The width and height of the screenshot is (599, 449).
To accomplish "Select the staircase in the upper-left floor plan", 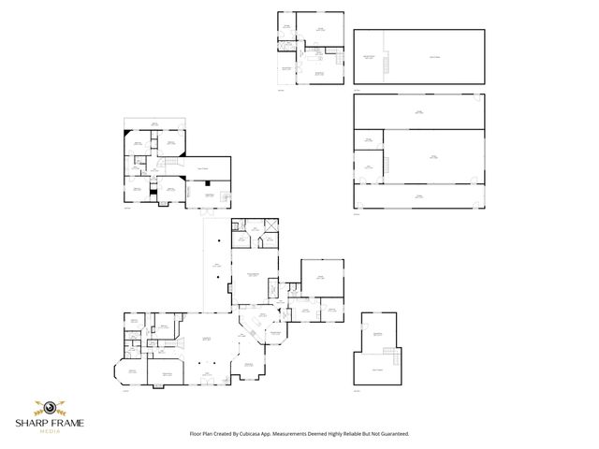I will pos(169,164).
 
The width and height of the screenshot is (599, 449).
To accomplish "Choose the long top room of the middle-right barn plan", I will pos(419,111).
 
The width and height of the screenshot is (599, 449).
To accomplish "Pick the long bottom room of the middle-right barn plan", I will pos(419,196).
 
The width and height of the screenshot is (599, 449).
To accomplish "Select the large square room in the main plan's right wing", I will pos(321,277).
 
